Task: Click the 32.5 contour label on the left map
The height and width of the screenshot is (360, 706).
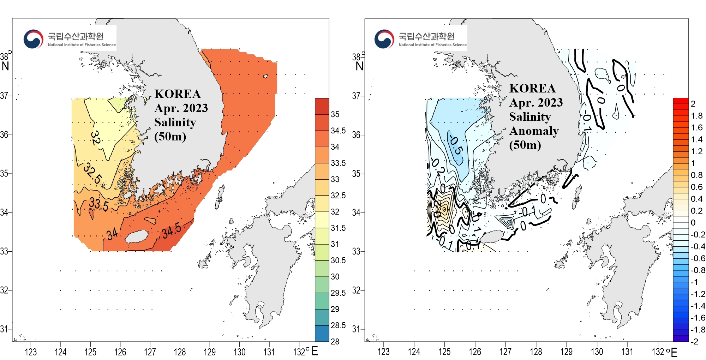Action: pyautogui.click(x=93, y=173)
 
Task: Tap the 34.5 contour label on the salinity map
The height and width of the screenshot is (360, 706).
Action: pyautogui.click(x=172, y=231)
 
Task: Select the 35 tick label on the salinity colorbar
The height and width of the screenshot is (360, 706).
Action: pyautogui.click(x=335, y=114)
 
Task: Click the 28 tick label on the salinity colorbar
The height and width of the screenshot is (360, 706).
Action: pyautogui.click(x=335, y=341)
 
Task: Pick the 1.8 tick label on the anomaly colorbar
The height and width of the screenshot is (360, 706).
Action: pyautogui.click(x=697, y=116)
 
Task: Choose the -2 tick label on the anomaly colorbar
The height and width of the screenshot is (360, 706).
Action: pyautogui.click(x=694, y=341)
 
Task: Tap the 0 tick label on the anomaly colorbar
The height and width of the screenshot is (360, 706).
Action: pyautogui.click(x=693, y=223)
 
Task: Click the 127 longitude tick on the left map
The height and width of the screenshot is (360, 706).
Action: pyautogui.click(x=150, y=352)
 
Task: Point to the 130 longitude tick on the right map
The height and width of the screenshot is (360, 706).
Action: pyautogui.click(x=597, y=352)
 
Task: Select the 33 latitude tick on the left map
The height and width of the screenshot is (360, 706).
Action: pyautogui.click(x=4, y=251)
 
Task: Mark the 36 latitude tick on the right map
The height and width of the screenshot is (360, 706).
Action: pyautogui.click(x=356, y=135)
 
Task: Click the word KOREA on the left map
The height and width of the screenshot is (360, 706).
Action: pyautogui.click(x=178, y=94)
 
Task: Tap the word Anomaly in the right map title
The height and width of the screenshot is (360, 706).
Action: pyautogui.click(x=534, y=131)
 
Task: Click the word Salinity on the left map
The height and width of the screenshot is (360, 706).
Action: pyautogui.click(x=175, y=122)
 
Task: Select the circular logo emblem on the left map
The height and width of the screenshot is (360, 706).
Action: pyautogui.click(x=33, y=39)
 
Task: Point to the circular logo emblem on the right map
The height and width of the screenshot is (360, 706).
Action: pyautogui.click(x=384, y=39)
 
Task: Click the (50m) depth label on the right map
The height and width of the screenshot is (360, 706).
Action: pyautogui.click(x=525, y=145)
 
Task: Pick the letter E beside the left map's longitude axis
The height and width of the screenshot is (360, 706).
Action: pyautogui.click(x=315, y=351)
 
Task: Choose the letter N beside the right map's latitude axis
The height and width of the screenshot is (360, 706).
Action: pyautogui.click(x=359, y=66)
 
